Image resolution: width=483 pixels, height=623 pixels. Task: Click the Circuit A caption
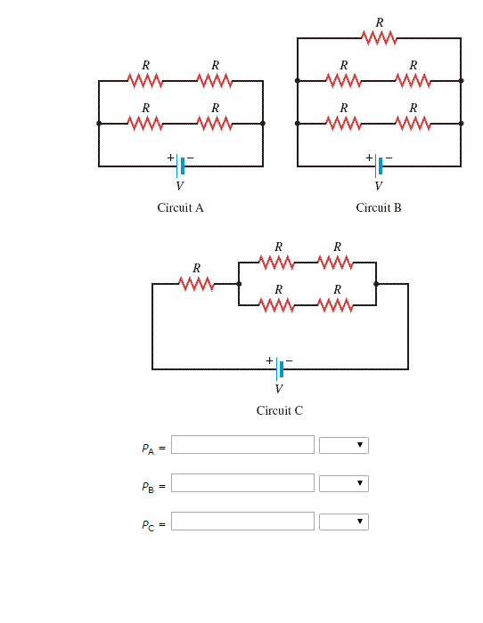coord(180,207)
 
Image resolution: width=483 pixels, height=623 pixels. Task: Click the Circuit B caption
coord(379,207)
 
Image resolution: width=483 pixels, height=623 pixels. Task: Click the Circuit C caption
coord(279,410)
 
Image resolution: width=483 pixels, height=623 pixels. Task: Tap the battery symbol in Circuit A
coord(181,166)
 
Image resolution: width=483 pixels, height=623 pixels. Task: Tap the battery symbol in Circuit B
coord(379,166)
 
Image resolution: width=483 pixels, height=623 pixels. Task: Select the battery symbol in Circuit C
coord(279,368)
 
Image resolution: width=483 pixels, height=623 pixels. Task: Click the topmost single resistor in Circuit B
coord(379,38)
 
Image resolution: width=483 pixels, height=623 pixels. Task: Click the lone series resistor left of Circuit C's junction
coord(196,284)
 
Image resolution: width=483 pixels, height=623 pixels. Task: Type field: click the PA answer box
coord(242,445)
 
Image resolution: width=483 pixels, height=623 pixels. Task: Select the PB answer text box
coord(242,483)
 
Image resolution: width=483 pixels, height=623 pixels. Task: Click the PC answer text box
coord(242,522)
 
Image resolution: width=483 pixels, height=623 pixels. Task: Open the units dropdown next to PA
coord(344,445)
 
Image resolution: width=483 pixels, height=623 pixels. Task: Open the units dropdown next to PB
coord(344,483)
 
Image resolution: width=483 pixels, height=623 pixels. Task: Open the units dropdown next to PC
coord(344,522)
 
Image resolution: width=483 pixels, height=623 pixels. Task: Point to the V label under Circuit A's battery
coord(180,186)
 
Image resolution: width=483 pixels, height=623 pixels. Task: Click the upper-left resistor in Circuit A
coord(145,81)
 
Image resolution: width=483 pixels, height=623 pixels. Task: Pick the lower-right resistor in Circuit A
coord(215,123)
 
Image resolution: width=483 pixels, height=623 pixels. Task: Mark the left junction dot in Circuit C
coord(239,284)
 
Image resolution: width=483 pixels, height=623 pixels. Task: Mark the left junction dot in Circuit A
coord(99,123)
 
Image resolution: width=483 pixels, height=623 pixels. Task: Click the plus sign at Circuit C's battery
coord(269,360)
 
